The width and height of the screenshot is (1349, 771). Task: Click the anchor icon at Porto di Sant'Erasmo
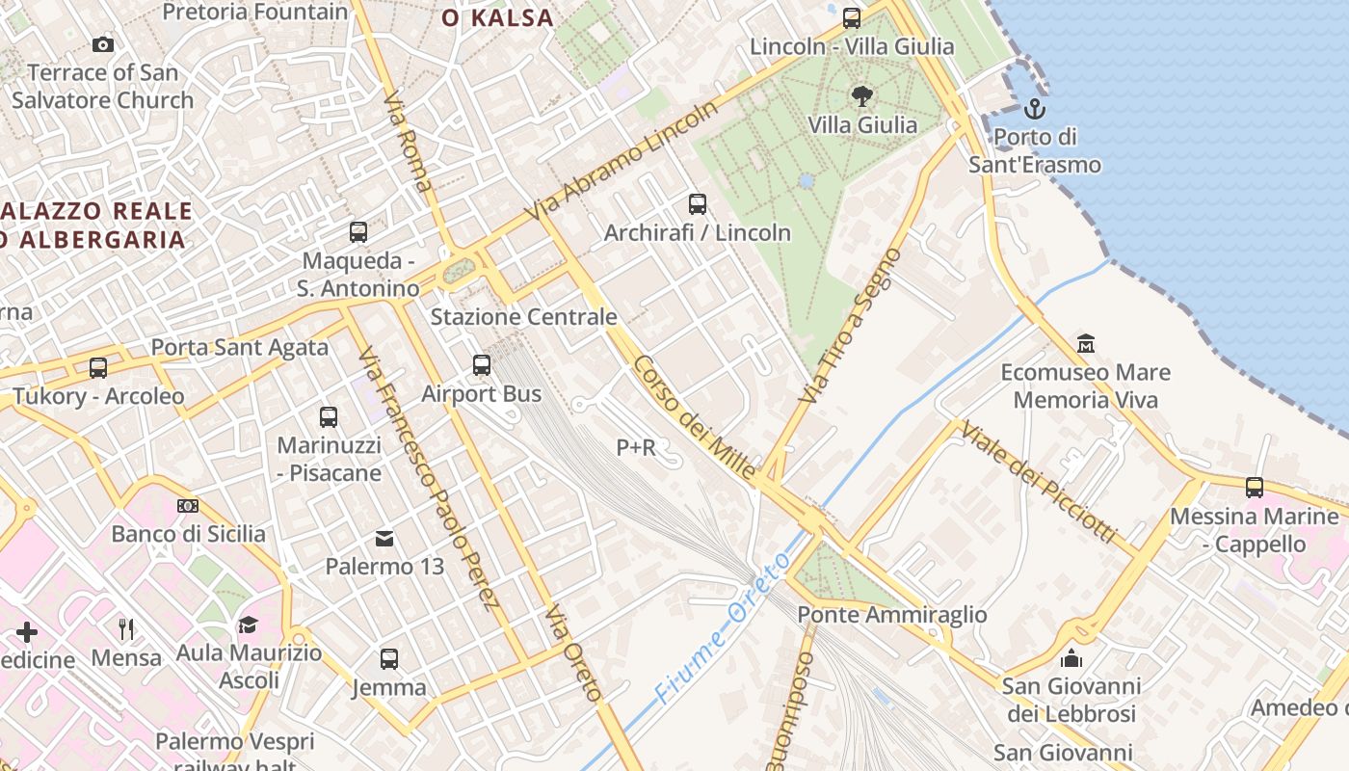coord(1035,108)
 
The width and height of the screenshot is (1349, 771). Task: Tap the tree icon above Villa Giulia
coord(862,95)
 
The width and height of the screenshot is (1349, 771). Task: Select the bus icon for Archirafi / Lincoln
coord(698,204)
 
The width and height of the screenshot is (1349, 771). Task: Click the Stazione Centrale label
coord(523,317)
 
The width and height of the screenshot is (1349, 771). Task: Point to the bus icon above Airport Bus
coord(482,365)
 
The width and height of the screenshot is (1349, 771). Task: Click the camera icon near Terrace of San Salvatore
coord(103,44)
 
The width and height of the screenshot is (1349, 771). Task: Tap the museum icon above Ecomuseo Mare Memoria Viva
coord(1086,344)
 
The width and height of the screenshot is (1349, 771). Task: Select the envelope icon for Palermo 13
coord(384,538)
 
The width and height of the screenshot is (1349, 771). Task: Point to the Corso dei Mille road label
coord(695,418)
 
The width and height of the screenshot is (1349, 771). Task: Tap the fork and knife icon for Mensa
coord(126,629)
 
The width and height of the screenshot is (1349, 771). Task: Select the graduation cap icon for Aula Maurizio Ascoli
coord(249,625)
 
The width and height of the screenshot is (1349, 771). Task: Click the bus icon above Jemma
coord(389,659)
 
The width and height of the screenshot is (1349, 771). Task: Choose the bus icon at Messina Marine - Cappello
coord(1255,488)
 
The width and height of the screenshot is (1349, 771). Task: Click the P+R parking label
coord(636,447)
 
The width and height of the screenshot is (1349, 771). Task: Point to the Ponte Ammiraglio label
coord(892,615)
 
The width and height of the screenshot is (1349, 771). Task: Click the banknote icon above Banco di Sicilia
coord(188,506)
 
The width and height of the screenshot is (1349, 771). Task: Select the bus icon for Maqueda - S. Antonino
coord(358,232)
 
